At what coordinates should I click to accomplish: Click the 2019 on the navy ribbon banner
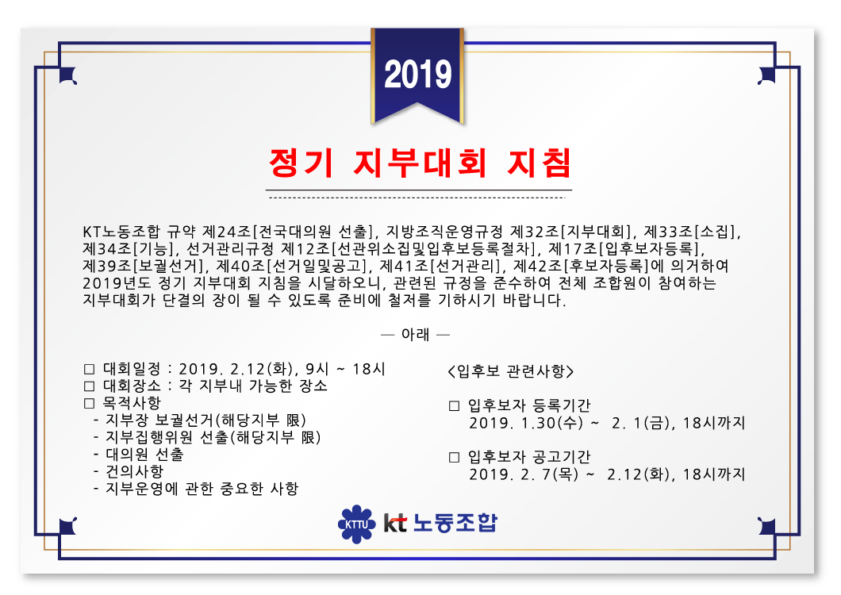pyautogui.click(x=418, y=75)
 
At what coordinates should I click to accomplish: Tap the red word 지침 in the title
pyautogui.click(x=540, y=163)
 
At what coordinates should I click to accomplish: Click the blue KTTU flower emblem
pyautogui.click(x=356, y=524)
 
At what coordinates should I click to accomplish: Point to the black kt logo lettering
pyautogui.click(x=395, y=523)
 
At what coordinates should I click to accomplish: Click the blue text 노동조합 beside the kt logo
pyautogui.click(x=455, y=523)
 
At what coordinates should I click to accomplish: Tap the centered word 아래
pyautogui.click(x=416, y=335)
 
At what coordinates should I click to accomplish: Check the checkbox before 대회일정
pyautogui.click(x=90, y=369)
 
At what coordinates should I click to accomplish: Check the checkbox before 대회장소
pyautogui.click(x=90, y=386)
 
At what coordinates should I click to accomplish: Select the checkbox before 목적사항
pyautogui.click(x=90, y=404)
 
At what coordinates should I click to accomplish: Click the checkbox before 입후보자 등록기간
pyautogui.click(x=455, y=405)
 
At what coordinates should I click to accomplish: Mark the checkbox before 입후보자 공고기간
pyautogui.click(x=455, y=457)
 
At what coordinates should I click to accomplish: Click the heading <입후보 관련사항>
pyautogui.click(x=511, y=371)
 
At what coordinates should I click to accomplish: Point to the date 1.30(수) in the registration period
pyautogui.click(x=552, y=423)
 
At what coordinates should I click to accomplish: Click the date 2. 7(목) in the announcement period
pyautogui.click(x=550, y=474)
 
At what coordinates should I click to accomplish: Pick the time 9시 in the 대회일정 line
pyautogui.click(x=317, y=369)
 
